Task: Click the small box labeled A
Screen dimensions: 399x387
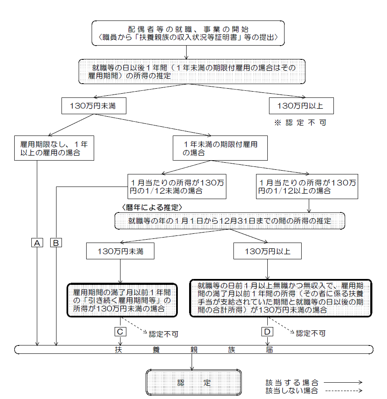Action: click(38, 243)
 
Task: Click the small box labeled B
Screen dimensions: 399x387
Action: click(56, 243)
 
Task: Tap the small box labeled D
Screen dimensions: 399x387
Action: click(267, 331)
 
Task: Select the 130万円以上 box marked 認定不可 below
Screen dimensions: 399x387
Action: click(301, 106)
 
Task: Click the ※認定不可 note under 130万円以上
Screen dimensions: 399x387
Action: click(300, 123)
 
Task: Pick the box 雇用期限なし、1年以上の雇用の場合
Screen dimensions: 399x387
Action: click(54, 148)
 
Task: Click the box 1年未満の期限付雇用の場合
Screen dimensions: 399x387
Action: click(220, 148)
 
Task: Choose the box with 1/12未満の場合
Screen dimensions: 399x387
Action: click(177, 187)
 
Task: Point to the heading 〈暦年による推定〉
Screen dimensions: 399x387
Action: click(153, 207)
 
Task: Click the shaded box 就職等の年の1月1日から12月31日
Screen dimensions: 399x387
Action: click(230, 220)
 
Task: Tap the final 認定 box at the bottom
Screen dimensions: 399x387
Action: click(194, 382)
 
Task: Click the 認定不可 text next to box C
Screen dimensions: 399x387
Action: click(164, 334)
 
